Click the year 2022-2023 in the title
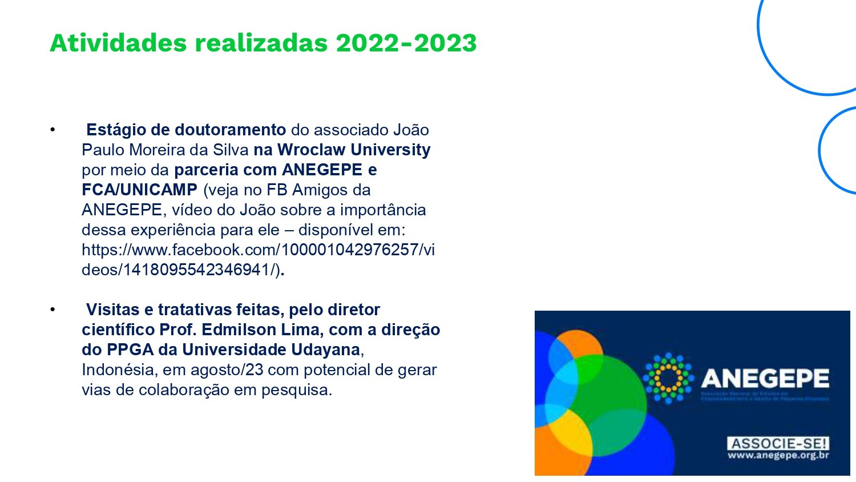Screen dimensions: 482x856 coord(406,43)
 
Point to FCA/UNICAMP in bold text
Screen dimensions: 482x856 coord(139,190)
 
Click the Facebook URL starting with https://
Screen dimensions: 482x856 coord(258,250)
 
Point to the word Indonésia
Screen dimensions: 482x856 coord(119,369)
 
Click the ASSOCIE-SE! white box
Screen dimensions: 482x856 coord(778,444)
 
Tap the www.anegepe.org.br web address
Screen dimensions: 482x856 coord(778,456)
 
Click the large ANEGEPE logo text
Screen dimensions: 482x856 coord(765,379)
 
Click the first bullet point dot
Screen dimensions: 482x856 coord(53,130)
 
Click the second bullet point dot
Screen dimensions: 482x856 coord(53,310)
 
